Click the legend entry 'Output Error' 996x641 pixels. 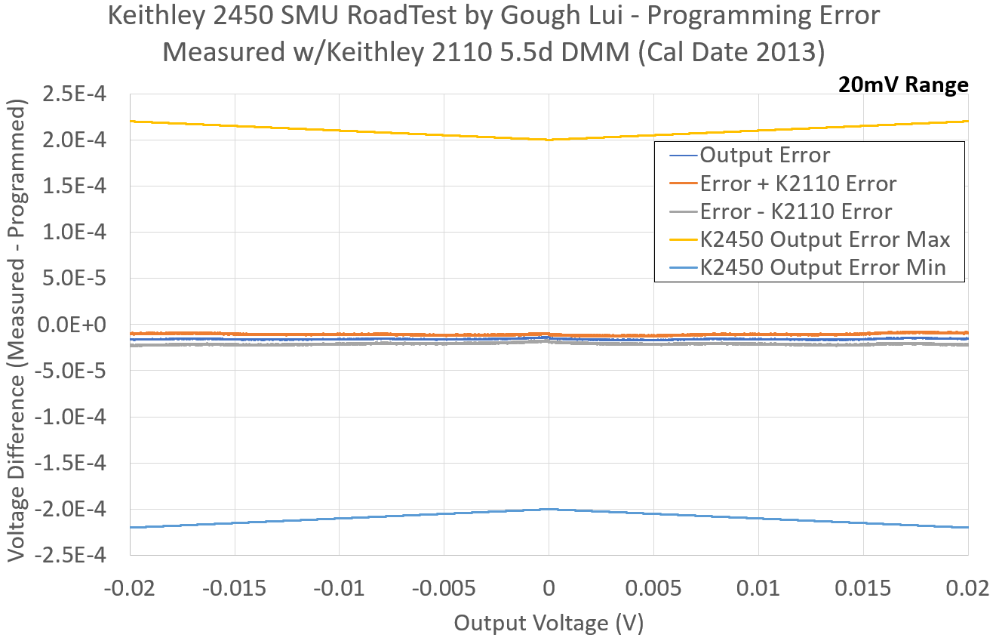(x=764, y=156)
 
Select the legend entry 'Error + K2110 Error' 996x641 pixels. (x=798, y=183)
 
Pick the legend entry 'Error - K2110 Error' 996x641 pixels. (x=795, y=211)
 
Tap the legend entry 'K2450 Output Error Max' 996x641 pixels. (x=824, y=239)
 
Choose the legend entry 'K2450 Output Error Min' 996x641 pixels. (x=822, y=267)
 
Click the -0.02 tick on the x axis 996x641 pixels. (x=130, y=587)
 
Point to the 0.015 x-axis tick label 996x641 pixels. (x=863, y=587)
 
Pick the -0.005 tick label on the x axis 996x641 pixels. (x=444, y=587)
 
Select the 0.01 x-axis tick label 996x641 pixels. (x=758, y=587)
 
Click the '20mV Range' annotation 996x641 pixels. (x=902, y=85)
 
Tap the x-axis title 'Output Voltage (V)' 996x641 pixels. (x=549, y=623)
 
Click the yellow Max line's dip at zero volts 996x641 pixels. (x=549, y=140)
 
